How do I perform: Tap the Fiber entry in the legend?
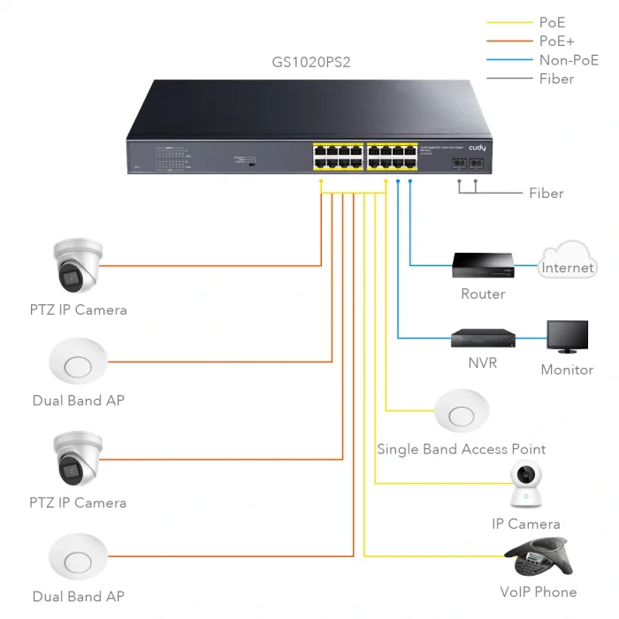[x=556, y=79]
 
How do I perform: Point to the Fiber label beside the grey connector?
[x=546, y=193]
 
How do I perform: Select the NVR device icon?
[x=483, y=338]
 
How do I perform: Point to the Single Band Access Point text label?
[x=461, y=449]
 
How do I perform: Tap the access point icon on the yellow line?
[x=462, y=412]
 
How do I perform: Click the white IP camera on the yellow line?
[x=526, y=486]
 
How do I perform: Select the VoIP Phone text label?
[x=538, y=592]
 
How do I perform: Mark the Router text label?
[x=483, y=294]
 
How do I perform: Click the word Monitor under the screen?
[x=567, y=370]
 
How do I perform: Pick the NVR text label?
[x=483, y=363]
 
